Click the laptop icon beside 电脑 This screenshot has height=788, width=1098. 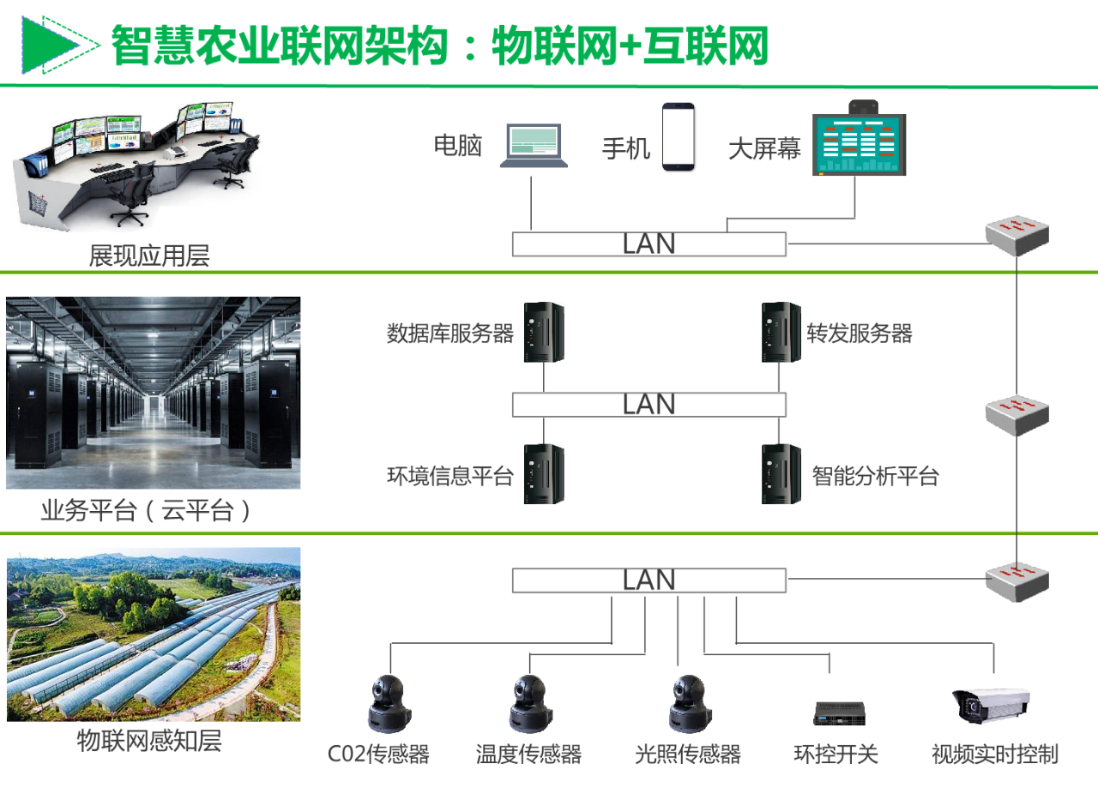pos(534,145)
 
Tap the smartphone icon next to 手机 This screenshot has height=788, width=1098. pos(678,136)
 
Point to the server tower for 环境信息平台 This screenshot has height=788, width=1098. pos(544,473)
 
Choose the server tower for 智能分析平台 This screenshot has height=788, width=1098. pos(781,473)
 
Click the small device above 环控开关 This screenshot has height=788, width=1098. pos(839,712)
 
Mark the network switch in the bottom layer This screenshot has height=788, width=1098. pos(1017,580)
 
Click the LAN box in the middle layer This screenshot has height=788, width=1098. pos(649,404)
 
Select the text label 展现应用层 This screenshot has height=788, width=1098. pos(149,256)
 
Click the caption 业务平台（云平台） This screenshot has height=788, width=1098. pos(148,512)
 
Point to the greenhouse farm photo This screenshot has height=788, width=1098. pos(154,634)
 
